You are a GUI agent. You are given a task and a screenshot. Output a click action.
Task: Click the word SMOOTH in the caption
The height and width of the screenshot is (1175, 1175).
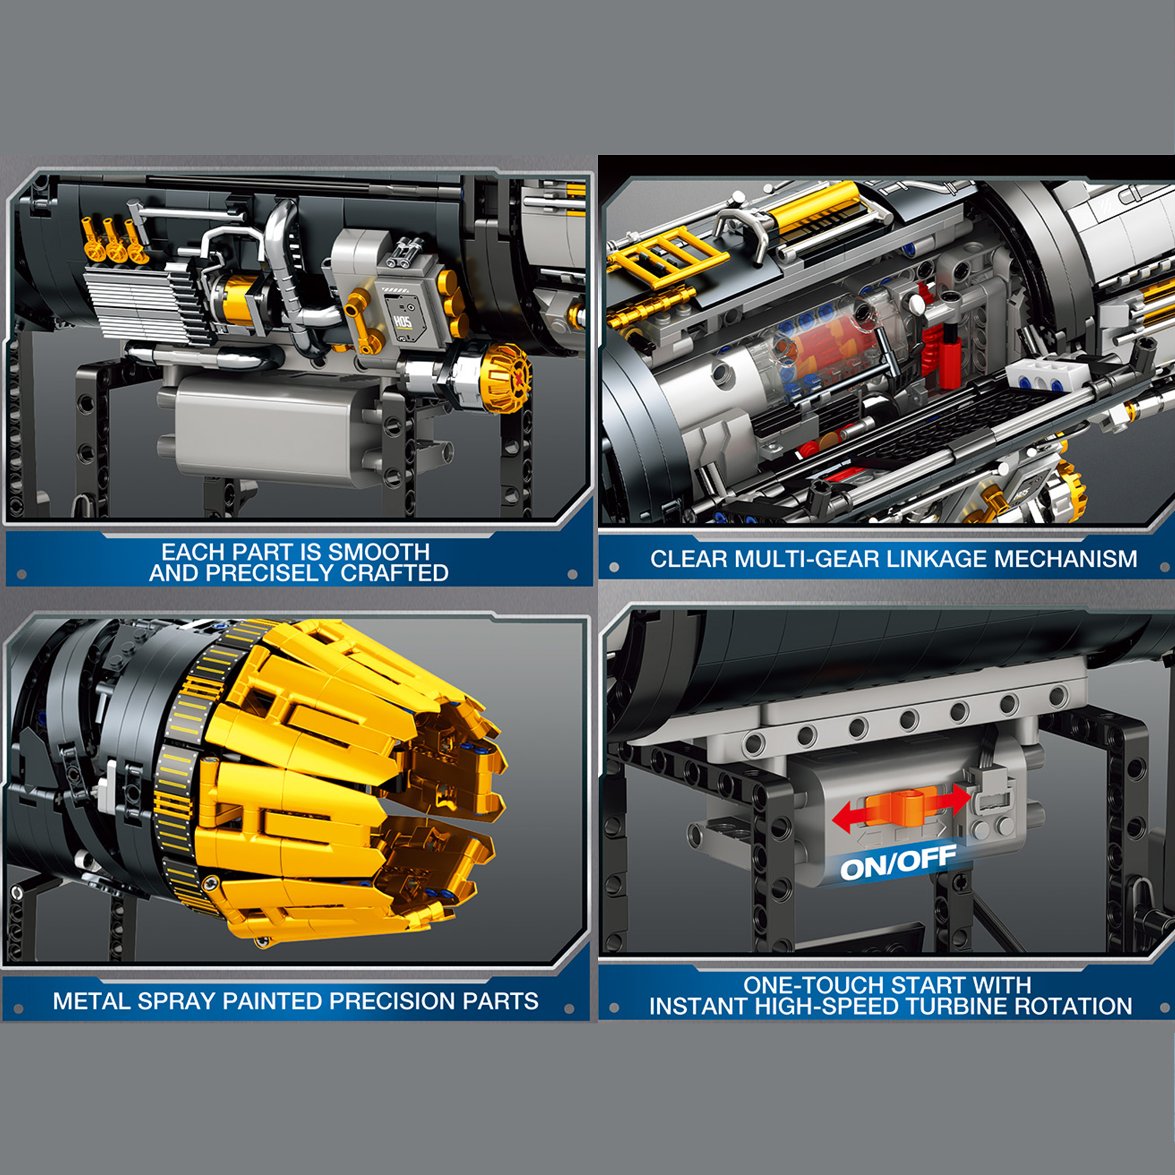coord(379,552)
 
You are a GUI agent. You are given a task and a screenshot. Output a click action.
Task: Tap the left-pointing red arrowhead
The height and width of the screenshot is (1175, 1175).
coord(843,817)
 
